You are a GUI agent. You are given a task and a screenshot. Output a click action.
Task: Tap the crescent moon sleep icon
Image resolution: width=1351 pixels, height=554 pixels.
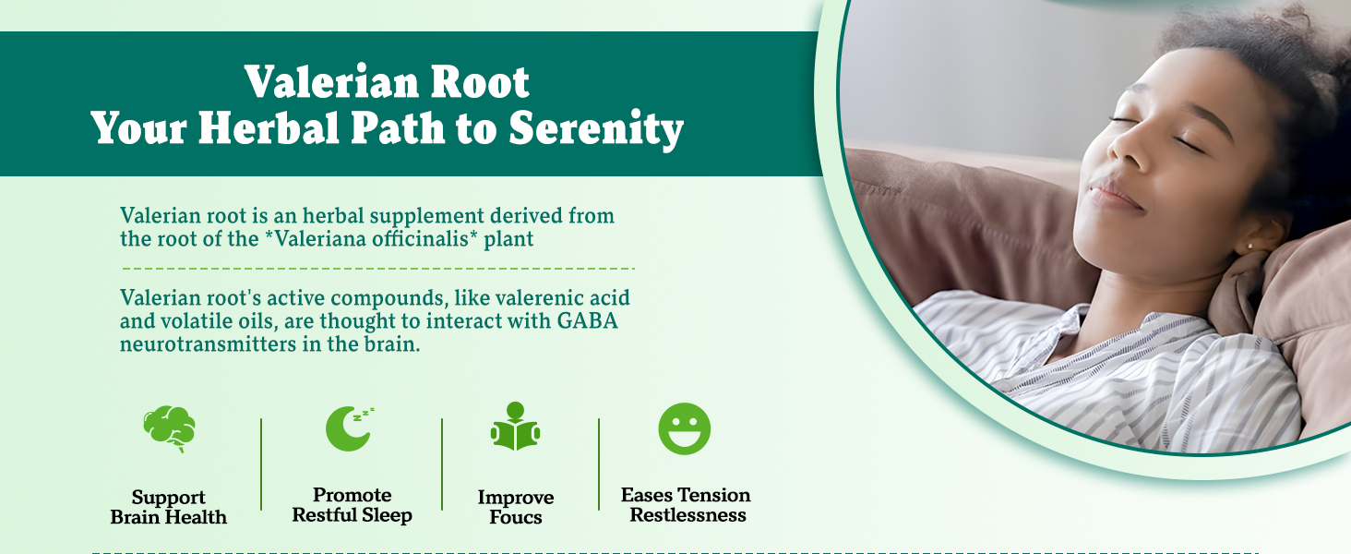pyautogui.click(x=349, y=428)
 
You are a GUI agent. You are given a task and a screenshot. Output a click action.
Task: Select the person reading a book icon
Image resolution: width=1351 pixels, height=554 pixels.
pyautogui.click(x=515, y=428)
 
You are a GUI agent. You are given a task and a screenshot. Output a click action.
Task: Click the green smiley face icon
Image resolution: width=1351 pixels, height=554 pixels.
pyautogui.click(x=684, y=428)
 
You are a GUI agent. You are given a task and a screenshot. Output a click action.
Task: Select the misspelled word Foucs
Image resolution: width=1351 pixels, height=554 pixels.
pyautogui.click(x=515, y=518)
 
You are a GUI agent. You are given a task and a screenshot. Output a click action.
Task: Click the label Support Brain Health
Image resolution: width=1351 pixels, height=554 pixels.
pyautogui.click(x=169, y=508)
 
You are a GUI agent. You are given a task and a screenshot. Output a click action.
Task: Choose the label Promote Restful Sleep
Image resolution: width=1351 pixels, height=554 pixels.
pyautogui.click(x=352, y=505)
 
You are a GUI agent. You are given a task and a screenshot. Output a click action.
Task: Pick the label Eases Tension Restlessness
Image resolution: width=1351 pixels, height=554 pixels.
pyautogui.click(x=686, y=505)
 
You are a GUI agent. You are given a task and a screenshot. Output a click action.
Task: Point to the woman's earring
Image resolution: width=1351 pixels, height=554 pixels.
pyautogui.click(x=1249, y=247)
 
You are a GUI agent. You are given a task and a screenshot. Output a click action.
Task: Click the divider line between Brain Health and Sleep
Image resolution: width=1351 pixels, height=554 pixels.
pyautogui.click(x=261, y=464)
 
